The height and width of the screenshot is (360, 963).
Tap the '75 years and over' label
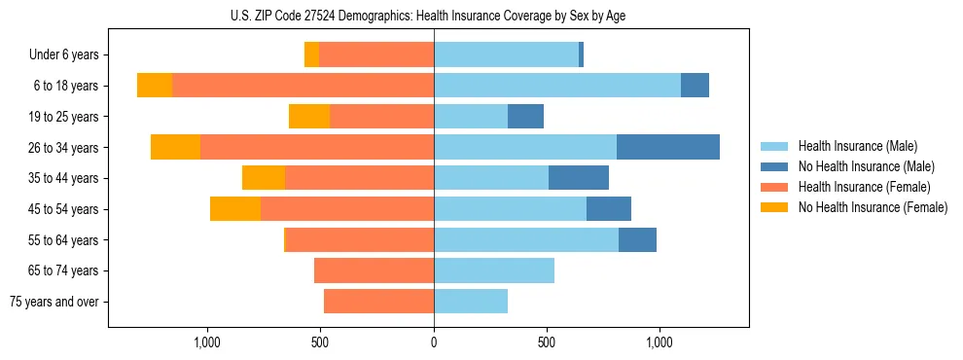pyautogui.click(x=54, y=302)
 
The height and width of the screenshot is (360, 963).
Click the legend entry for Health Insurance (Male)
pyautogui.click(x=857, y=146)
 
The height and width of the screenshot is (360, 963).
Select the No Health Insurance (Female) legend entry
pyautogui.click(x=873, y=207)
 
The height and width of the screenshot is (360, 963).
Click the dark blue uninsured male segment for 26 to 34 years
pyautogui.click(x=668, y=147)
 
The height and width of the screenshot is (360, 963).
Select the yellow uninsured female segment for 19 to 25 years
pyautogui.click(x=309, y=117)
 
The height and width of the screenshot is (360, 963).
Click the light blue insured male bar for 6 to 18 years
pyautogui.click(x=557, y=86)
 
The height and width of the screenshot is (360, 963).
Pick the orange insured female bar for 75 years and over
pyautogui.click(x=378, y=302)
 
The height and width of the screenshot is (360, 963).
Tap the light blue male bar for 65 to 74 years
pyautogui.click(x=494, y=270)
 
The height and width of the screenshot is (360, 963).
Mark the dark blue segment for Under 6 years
pyautogui.click(x=581, y=54)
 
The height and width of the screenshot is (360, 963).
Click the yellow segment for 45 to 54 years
pyautogui.click(x=235, y=209)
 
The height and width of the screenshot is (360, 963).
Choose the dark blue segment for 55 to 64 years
pyautogui.click(x=637, y=239)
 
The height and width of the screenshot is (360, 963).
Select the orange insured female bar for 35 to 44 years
pyautogui.click(x=359, y=178)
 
